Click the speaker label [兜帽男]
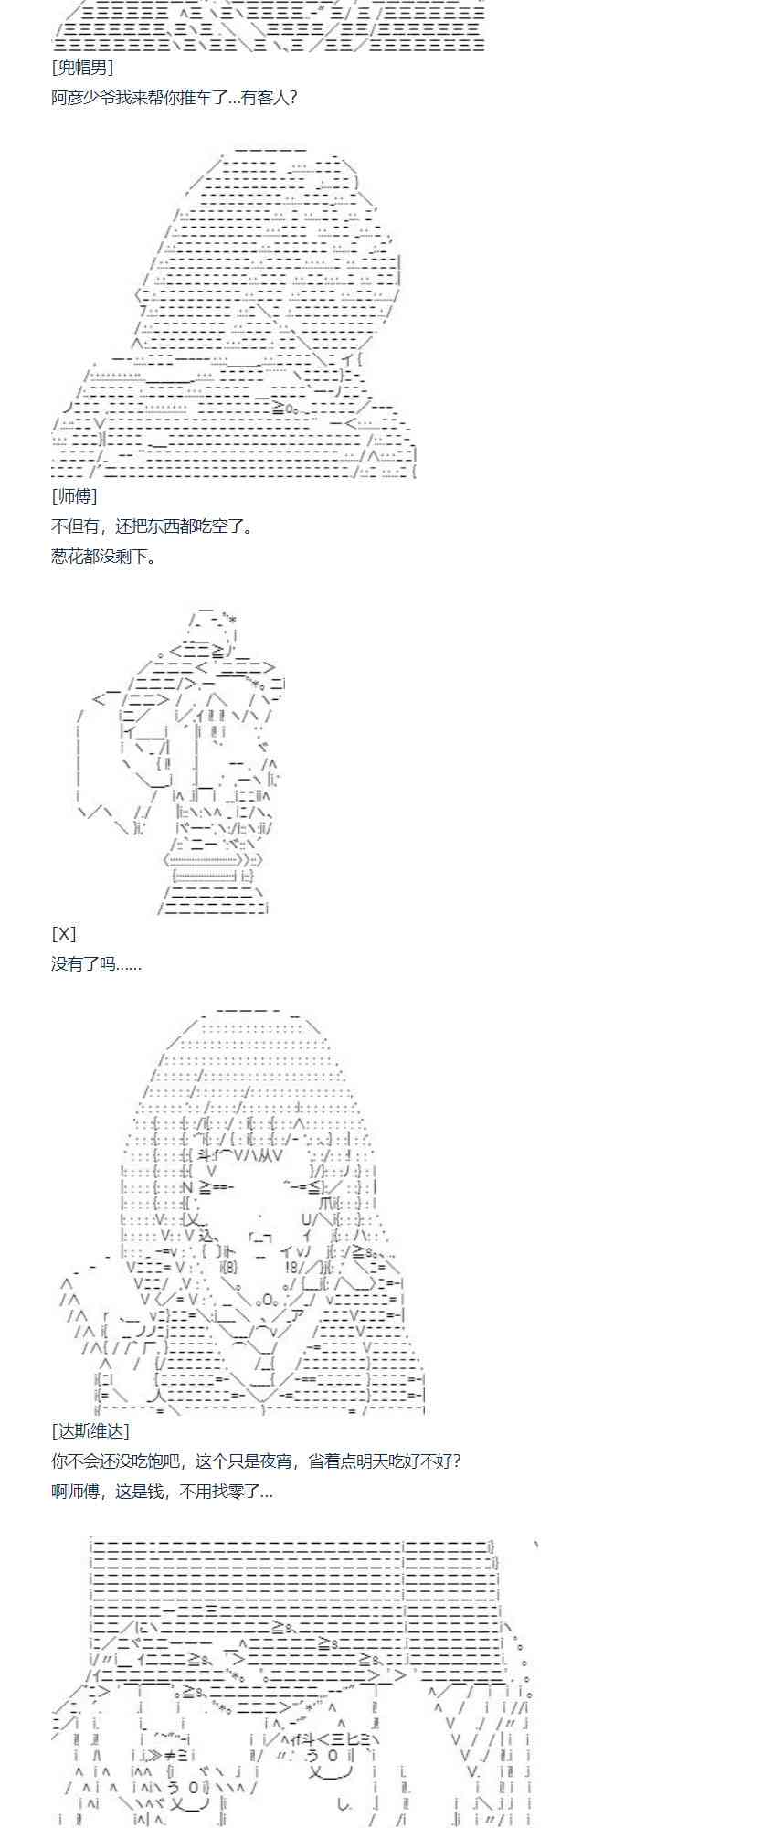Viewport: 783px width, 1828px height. [82, 68]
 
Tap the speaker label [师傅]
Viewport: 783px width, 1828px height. [74, 496]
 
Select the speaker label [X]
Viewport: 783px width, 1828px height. [63, 933]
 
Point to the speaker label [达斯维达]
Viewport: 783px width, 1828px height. [90, 1430]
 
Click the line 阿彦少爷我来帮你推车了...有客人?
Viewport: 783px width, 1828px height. [174, 98]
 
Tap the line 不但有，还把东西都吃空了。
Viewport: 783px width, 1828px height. [152, 526]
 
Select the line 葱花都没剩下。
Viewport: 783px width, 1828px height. [103, 557]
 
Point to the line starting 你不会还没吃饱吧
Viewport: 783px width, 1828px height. [256, 1461]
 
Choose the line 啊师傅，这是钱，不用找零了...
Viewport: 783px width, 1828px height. [162, 1491]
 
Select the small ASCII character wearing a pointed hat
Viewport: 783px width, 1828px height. [183, 759]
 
